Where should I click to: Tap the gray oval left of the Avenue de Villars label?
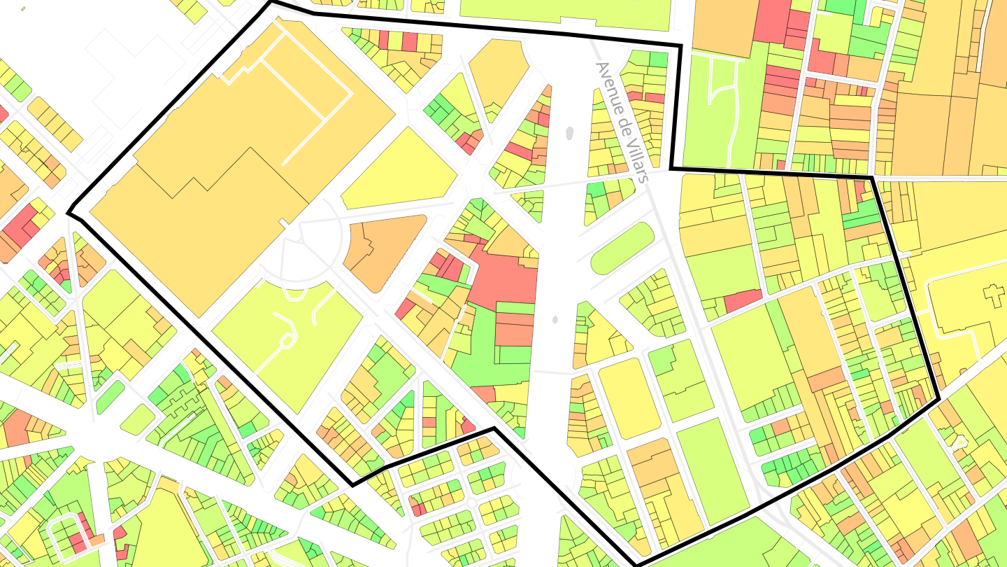coord(569,132)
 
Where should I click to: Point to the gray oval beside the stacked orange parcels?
coord(555,319)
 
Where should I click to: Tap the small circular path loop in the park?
coord(286,342)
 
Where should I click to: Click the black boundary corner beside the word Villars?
coord(671,168)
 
